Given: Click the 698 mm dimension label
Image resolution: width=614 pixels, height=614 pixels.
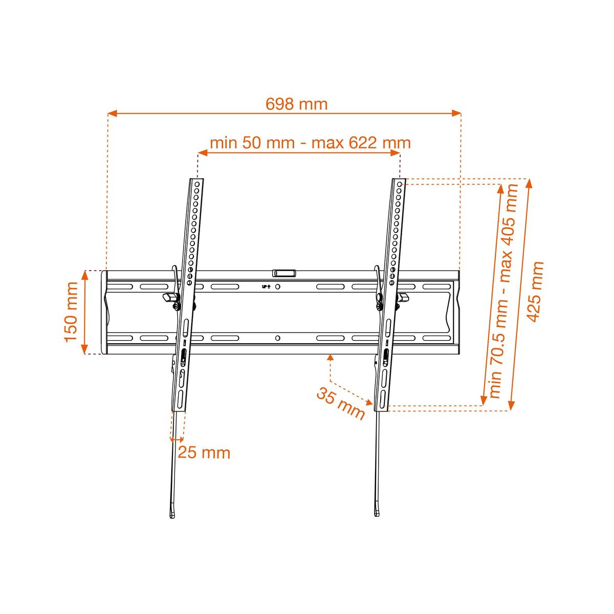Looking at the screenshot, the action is click(296, 104).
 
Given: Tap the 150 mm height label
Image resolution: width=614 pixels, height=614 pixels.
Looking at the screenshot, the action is click(71, 312).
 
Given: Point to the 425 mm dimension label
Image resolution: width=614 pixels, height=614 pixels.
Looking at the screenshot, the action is click(535, 292).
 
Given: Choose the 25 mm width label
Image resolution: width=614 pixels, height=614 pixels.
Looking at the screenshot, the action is click(204, 452).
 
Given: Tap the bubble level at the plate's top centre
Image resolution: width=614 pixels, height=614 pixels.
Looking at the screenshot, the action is click(283, 273).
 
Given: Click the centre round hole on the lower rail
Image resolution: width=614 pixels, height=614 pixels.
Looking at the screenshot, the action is click(277, 338).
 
